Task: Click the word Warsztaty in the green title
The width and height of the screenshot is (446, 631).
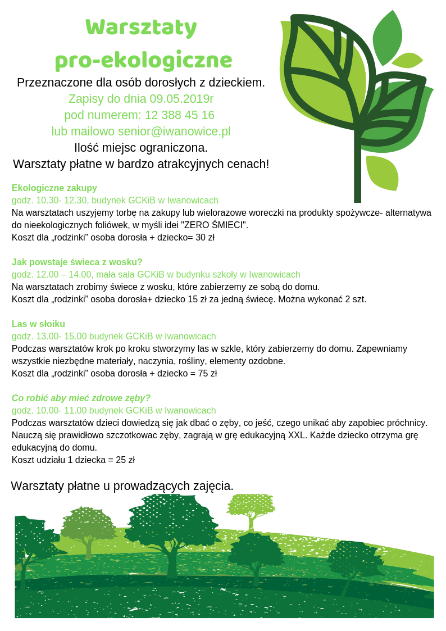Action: pyautogui.click(x=141, y=27)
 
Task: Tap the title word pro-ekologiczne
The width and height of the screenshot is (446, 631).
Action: pyautogui.click(x=143, y=60)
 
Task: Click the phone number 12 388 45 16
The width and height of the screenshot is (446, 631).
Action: pyautogui.click(x=180, y=115)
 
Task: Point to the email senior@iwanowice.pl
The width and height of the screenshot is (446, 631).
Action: pyautogui.click(x=174, y=131)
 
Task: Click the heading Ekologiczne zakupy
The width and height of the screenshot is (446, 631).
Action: pyautogui.click(x=54, y=188)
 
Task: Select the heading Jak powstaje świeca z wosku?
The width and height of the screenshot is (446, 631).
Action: pyautogui.click(x=77, y=262)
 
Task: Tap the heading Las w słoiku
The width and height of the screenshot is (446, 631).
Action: pyautogui.click(x=38, y=324)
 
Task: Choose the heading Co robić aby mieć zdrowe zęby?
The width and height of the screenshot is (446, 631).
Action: pyautogui.click(x=81, y=398)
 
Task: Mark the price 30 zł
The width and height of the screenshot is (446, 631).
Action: pyautogui.click(x=205, y=237)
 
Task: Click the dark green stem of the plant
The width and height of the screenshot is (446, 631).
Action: pyautogui.click(x=357, y=169)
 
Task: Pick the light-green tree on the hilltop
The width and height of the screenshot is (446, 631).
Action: pyautogui.click(x=251, y=509)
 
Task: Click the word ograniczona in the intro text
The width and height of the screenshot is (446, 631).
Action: pyautogui.click(x=174, y=148)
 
